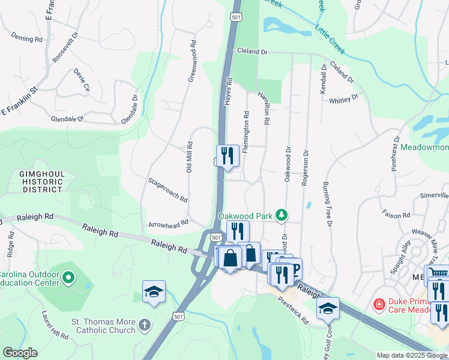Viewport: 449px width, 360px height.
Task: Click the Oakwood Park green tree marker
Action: [281, 215]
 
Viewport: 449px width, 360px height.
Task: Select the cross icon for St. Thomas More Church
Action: [144, 325]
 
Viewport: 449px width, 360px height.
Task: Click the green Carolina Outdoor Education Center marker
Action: [68, 278]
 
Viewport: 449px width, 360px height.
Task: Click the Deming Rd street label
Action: [26, 39]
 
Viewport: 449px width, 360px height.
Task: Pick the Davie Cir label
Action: [82, 80]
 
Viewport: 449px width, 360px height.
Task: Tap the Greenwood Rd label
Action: [193, 61]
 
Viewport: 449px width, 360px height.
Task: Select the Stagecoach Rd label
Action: [168, 190]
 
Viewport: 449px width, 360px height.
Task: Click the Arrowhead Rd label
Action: [169, 223]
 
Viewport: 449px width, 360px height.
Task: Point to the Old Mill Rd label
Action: [189, 157]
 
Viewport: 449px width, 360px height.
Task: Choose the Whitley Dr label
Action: [343, 98]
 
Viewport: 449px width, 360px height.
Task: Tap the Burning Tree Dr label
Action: [327, 205]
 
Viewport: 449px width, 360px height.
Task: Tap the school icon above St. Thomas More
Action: [154, 292]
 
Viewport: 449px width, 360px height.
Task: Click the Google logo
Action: [20, 353]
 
